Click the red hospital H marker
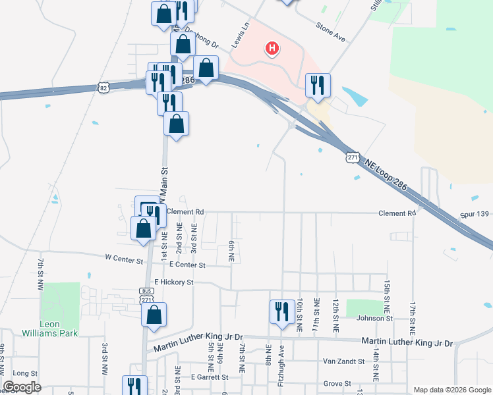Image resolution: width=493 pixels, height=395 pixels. (x=271, y=48)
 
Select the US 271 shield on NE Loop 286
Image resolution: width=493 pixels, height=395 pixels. (x=353, y=157)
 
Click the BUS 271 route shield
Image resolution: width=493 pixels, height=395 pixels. (x=146, y=295)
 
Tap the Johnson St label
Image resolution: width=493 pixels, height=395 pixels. (x=374, y=319)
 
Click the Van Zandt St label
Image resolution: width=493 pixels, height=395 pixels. (x=344, y=361)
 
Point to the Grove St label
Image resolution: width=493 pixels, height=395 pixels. (x=337, y=383)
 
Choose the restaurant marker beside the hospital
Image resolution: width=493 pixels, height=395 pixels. (x=318, y=84)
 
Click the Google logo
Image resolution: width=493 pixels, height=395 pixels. (x=22, y=387)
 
